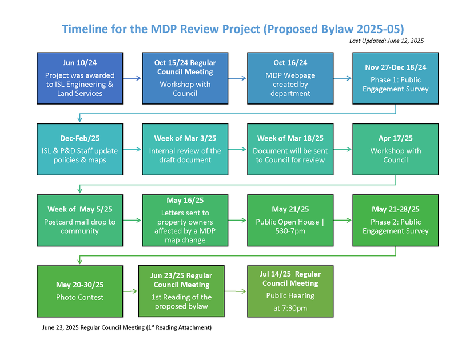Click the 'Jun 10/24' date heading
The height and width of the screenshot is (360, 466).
coord(79,63)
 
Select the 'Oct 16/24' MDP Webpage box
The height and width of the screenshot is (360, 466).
coord(290,78)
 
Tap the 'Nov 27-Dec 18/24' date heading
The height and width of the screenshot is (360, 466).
coord(396,67)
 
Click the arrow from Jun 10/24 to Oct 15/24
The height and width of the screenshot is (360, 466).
coord(132,78)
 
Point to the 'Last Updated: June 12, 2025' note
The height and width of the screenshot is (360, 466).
coord(387,41)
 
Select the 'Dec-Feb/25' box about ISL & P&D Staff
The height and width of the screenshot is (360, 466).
coord(79,149)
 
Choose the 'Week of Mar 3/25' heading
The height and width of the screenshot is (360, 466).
coord(185,138)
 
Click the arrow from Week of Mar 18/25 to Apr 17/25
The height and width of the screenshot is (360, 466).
coord(342,149)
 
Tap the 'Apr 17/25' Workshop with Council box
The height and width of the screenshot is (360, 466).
coord(396,149)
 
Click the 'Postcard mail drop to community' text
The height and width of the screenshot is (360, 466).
coord(79,226)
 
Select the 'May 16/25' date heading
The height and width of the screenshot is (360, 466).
coord(185,201)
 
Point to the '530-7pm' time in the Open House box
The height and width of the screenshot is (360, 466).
coord(290,231)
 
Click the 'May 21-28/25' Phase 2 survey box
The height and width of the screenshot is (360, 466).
coord(396,221)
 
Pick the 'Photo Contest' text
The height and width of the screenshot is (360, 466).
coord(79,297)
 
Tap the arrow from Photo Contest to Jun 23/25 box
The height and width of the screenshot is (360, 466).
coord(130,291)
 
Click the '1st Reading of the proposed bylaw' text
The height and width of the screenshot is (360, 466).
coord(181,302)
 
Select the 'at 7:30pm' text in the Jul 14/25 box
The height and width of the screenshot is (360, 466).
coord(290,309)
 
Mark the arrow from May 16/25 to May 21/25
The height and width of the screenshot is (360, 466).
coord(237,220)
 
